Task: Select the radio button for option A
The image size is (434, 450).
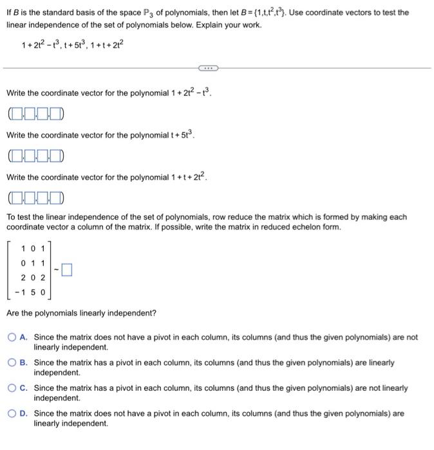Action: click(12, 337)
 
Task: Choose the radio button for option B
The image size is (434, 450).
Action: click(12, 363)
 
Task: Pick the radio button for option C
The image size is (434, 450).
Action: click(12, 388)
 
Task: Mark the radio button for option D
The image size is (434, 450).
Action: click(12, 414)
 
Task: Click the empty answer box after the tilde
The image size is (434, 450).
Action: click(68, 271)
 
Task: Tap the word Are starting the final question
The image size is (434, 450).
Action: click(13, 313)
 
